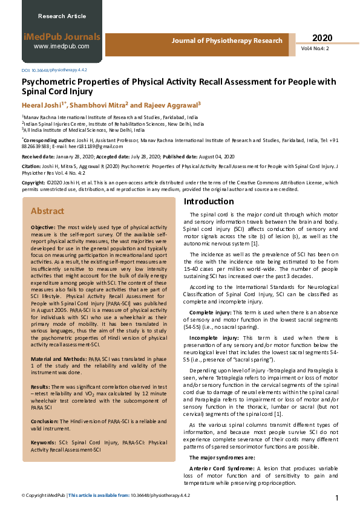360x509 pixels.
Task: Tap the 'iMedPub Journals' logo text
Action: [x=61, y=36]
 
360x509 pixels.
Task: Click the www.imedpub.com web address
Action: [x=61, y=46]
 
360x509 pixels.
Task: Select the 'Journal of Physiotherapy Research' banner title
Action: [x=227, y=41]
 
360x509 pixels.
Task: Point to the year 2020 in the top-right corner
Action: [x=322, y=37]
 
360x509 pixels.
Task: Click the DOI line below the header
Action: [x=54, y=70]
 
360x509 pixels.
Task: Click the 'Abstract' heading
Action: [x=47, y=211]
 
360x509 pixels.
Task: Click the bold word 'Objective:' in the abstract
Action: [x=44, y=226]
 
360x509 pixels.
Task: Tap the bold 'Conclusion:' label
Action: [x=45, y=422]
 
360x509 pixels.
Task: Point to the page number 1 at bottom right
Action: [x=336, y=498]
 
